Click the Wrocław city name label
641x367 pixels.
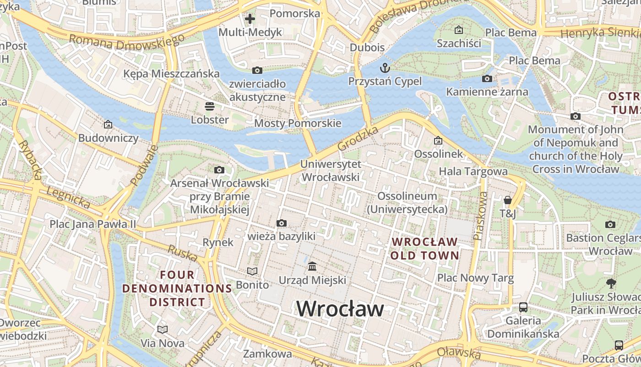click(x=340, y=309)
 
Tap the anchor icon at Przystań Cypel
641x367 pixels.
click(x=385, y=68)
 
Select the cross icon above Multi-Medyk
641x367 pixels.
click(x=250, y=19)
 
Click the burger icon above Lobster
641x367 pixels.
click(x=210, y=106)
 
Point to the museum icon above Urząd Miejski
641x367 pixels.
click(x=313, y=266)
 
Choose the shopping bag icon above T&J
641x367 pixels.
click(x=507, y=200)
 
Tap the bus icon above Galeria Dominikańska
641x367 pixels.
click(x=523, y=307)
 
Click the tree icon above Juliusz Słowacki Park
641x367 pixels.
click(x=611, y=283)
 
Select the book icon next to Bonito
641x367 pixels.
click(x=252, y=271)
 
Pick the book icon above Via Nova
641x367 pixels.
click(x=163, y=329)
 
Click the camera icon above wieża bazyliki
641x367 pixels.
click(x=282, y=223)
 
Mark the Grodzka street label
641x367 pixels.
click(x=358, y=139)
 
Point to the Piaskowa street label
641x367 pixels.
click(x=481, y=216)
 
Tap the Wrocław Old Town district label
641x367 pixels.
click(x=425, y=248)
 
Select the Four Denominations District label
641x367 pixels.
click(x=177, y=288)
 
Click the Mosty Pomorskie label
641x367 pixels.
click(x=298, y=123)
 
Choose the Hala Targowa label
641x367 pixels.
click(x=473, y=172)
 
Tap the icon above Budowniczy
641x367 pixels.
click(x=108, y=124)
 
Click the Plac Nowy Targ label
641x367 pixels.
click(x=475, y=278)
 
